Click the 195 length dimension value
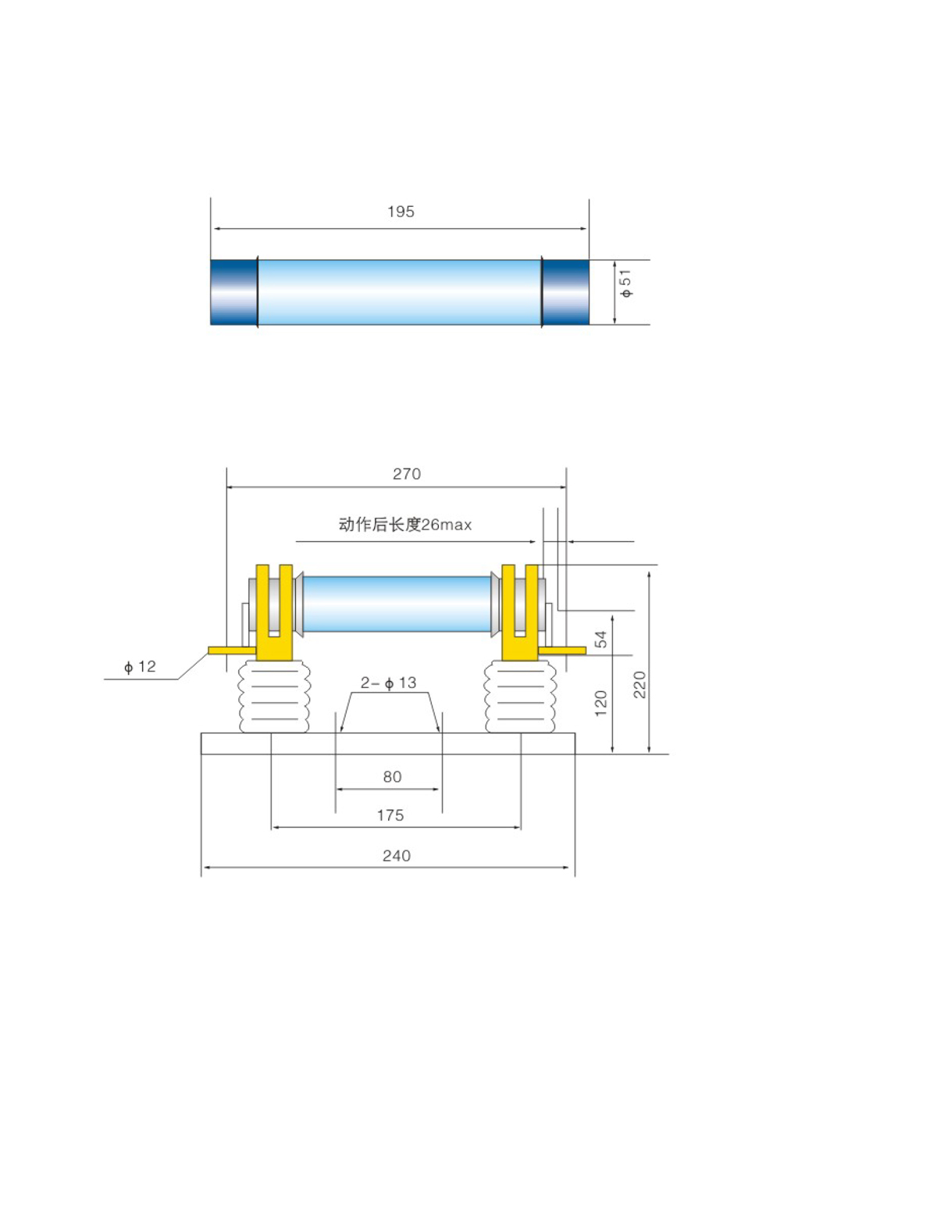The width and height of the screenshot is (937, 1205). (x=401, y=212)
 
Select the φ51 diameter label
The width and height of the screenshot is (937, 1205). (x=626, y=283)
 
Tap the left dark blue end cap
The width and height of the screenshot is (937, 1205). (x=234, y=292)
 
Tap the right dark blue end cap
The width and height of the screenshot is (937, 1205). (x=565, y=292)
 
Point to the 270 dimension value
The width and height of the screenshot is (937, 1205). (x=406, y=474)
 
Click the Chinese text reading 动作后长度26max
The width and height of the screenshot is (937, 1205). (x=404, y=525)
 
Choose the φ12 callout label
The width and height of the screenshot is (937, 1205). (x=140, y=667)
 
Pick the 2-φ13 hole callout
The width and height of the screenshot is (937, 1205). (x=388, y=683)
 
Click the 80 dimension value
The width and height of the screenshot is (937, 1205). (x=392, y=777)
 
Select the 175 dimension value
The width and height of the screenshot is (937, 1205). (x=390, y=816)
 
